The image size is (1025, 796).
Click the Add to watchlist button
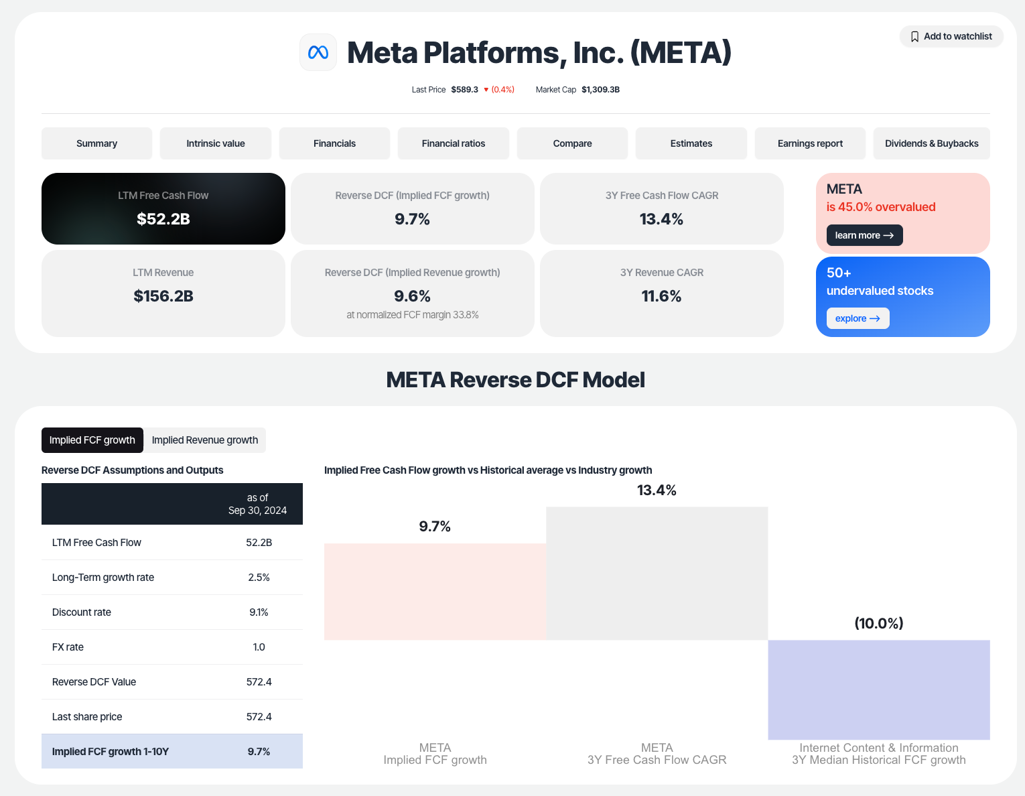951,36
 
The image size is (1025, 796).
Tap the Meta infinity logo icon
318,52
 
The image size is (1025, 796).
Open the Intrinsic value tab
215,143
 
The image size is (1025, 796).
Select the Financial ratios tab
453,143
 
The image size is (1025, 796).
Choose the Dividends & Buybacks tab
931,143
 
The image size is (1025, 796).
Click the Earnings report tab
810,143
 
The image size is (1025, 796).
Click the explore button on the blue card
858,318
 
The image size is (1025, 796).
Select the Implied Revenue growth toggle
205,440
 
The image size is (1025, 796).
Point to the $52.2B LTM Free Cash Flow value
163,219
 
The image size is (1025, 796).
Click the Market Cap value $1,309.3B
600,90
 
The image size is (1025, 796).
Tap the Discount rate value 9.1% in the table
259,612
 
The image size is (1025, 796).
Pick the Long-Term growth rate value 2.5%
259,578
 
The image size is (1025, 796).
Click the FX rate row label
68,647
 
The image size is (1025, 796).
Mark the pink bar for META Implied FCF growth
435,592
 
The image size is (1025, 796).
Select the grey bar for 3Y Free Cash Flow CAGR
657,573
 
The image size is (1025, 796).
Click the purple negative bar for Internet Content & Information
878,689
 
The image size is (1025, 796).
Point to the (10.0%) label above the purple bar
878,623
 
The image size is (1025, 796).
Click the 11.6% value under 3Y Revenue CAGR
661,296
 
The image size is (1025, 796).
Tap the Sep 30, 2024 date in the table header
257,511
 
